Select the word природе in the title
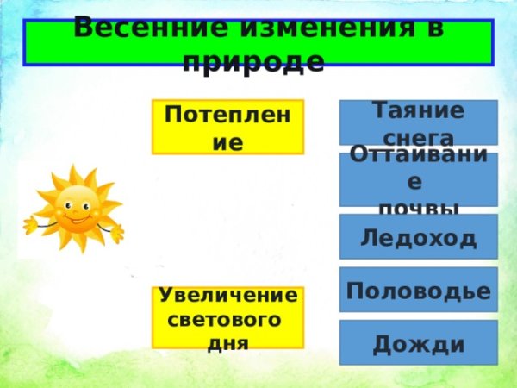point(254,61)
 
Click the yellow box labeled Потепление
point(227,128)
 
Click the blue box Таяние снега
point(418,123)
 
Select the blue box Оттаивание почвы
point(418,179)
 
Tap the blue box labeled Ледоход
point(418,237)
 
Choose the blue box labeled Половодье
point(418,291)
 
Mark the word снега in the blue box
point(418,137)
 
